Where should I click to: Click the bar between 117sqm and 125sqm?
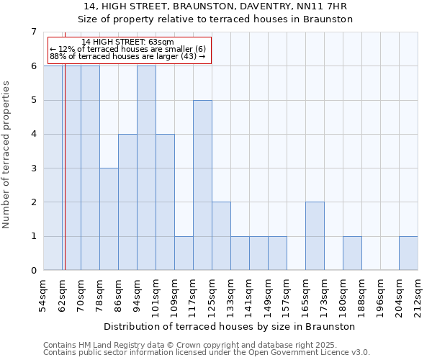point(202,185)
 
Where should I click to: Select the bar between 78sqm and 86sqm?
point(109,219)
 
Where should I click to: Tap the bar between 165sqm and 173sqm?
point(315,236)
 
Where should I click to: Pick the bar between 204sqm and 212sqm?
point(408,253)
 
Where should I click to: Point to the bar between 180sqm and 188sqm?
point(352,253)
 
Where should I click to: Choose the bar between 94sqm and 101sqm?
point(146,168)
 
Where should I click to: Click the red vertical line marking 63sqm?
point(64,166)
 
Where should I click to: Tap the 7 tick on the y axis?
point(34,32)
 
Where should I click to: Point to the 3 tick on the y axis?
point(34,168)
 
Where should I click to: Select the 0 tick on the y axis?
point(34,271)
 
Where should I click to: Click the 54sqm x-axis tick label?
point(43,295)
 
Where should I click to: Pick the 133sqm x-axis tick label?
point(230,295)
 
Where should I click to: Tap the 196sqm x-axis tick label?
point(380,295)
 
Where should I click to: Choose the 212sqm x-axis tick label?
point(418,295)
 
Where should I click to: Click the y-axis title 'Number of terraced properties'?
point(7,154)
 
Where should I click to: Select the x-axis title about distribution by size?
point(230,326)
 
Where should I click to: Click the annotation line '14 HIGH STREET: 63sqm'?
point(127,42)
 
